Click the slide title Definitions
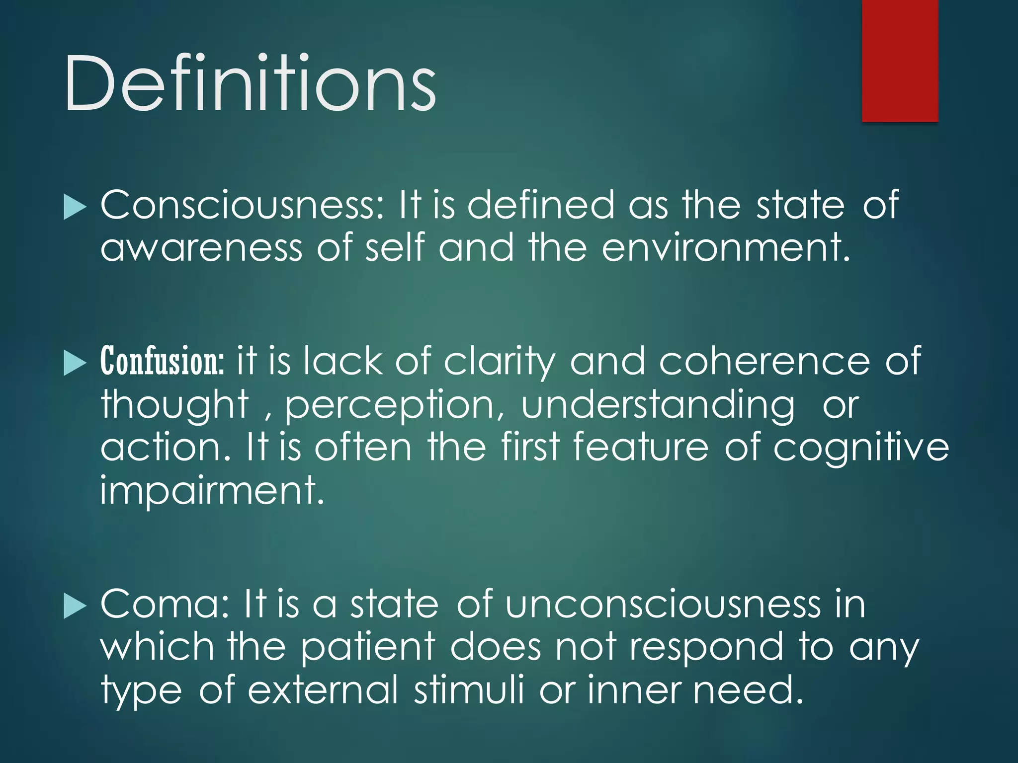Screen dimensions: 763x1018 [x=250, y=83]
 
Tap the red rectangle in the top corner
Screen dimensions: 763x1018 [x=900, y=61]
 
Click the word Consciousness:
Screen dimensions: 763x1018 [x=243, y=205]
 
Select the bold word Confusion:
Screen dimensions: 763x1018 [x=163, y=361]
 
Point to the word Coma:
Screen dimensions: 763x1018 [x=164, y=604]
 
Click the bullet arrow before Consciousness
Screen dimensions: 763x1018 [x=75, y=207]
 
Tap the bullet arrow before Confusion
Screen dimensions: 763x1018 [x=75, y=363]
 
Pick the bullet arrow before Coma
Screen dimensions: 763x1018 [x=75, y=606]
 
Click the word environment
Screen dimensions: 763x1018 [x=726, y=247]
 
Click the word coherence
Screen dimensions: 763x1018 [x=764, y=361]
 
